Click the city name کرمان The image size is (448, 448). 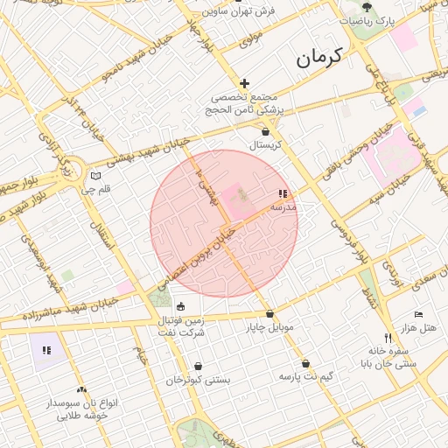tap(319, 59)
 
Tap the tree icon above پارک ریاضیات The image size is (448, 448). tap(367, 6)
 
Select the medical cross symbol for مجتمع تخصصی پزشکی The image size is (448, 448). tap(245, 82)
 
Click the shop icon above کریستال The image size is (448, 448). tap(264, 131)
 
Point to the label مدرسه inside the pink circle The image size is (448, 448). tap(283, 207)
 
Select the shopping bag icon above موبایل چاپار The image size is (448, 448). tap(269, 313)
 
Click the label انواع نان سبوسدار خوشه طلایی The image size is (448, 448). tap(82, 409)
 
